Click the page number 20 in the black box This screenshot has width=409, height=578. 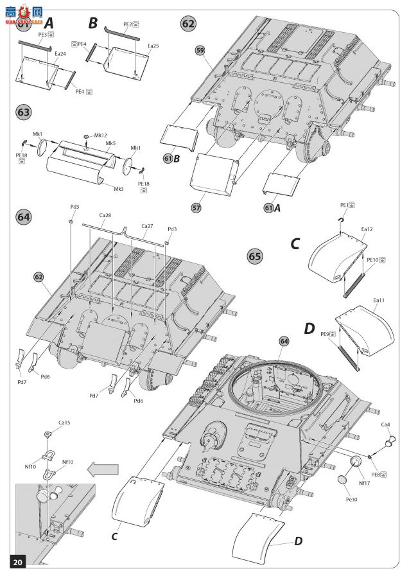pyautogui.click(x=17, y=563)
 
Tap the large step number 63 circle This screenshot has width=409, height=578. pyautogui.click(x=23, y=112)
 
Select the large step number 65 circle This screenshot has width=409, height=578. pyautogui.click(x=255, y=256)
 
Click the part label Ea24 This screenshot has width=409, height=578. pyautogui.click(x=60, y=54)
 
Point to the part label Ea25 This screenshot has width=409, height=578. pyautogui.click(x=153, y=46)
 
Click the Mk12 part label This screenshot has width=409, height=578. pyautogui.click(x=101, y=136)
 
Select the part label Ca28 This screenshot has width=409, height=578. pyautogui.click(x=105, y=216)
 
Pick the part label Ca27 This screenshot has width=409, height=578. pyautogui.click(x=147, y=226)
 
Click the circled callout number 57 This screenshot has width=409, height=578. pyautogui.click(x=196, y=207)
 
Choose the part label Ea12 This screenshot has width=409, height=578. pyautogui.click(x=367, y=229)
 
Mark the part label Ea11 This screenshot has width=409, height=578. pyautogui.click(x=378, y=300)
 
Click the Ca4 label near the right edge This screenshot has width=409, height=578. pyautogui.click(x=385, y=425)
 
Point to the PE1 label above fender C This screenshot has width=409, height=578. pyautogui.click(x=344, y=206)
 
